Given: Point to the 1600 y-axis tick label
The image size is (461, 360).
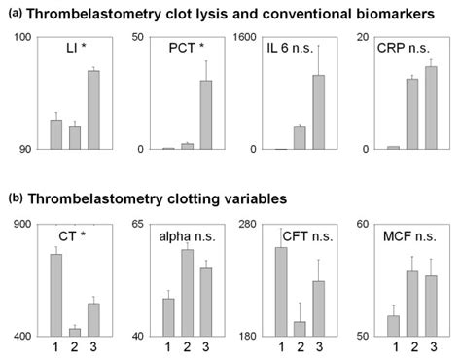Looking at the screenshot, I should (248, 37).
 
